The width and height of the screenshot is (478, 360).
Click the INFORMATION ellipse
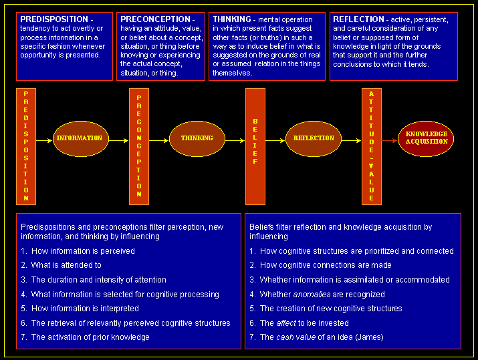click(x=80, y=138)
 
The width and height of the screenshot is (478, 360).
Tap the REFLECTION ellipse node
click(x=314, y=138)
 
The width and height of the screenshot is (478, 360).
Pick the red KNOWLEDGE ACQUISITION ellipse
click(x=427, y=138)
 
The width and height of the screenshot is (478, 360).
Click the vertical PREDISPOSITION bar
click(x=26, y=146)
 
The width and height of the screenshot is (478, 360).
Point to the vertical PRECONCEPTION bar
click(x=139, y=146)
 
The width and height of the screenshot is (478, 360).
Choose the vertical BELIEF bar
click(x=255, y=146)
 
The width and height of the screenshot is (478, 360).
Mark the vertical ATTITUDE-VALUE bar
click(x=371, y=146)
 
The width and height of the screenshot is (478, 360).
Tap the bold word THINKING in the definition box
click(x=231, y=19)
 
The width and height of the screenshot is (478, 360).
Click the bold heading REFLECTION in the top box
click(x=358, y=19)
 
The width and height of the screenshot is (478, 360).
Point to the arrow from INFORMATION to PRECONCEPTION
click(x=118, y=140)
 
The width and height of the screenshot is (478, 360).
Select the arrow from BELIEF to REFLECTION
click(x=275, y=140)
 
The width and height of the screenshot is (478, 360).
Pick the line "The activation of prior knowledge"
click(x=90, y=337)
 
